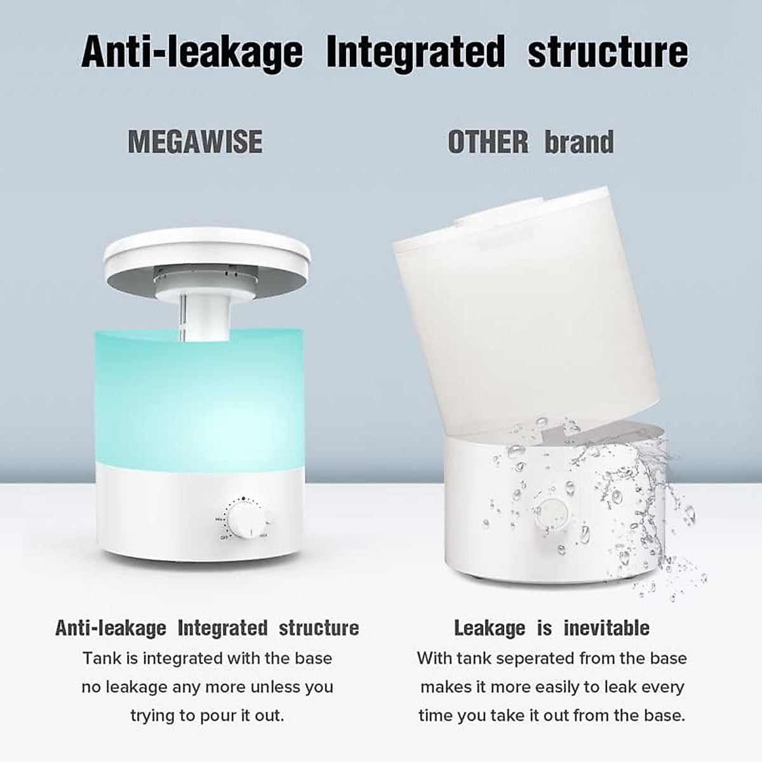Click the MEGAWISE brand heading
click(x=195, y=142)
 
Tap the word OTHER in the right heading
click(x=488, y=142)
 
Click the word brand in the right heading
click(x=579, y=142)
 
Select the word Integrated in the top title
click(x=415, y=51)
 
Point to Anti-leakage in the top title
click(x=192, y=53)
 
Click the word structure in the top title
click(x=608, y=51)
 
